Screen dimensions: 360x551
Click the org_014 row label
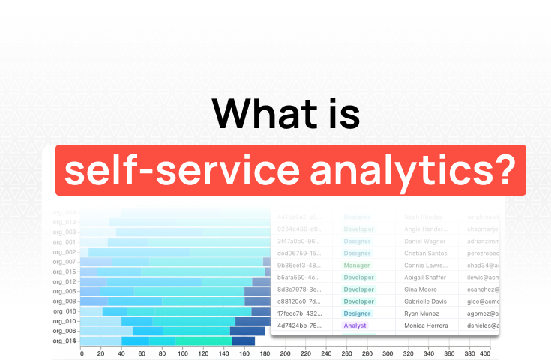64,340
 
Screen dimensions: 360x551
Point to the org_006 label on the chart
64,331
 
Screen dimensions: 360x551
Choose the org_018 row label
64,310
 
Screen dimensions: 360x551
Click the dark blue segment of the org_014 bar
244,340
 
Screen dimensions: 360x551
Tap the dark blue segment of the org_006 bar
247,331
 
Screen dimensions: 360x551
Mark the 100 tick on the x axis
183,353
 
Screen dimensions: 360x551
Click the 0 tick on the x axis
82,353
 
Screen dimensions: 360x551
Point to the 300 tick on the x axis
387,353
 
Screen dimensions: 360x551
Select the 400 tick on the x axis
485,353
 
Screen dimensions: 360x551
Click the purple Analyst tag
355,325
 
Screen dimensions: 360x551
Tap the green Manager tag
358,265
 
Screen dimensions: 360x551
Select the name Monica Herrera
426,325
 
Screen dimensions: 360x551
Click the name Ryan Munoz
421,313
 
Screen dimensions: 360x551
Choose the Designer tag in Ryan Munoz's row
358,313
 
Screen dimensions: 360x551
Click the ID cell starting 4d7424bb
300,325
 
